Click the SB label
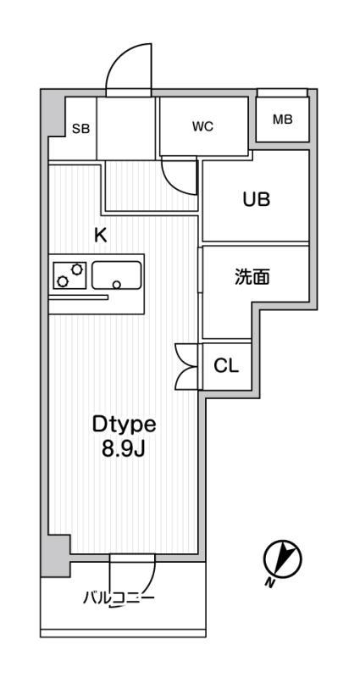[x=80, y=129]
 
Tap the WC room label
[x=202, y=126]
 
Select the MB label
[x=283, y=119]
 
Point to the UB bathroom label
[x=257, y=199]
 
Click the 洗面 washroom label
[x=252, y=277]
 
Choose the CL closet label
[x=226, y=366]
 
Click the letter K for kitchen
[x=100, y=236]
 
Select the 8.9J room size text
[x=123, y=450]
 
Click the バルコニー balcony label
[x=119, y=598]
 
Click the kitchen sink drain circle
[x=117, y=284]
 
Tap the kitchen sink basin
[x=116, y=275]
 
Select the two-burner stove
[x=69, y=275]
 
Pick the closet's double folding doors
[x=187, y=366]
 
